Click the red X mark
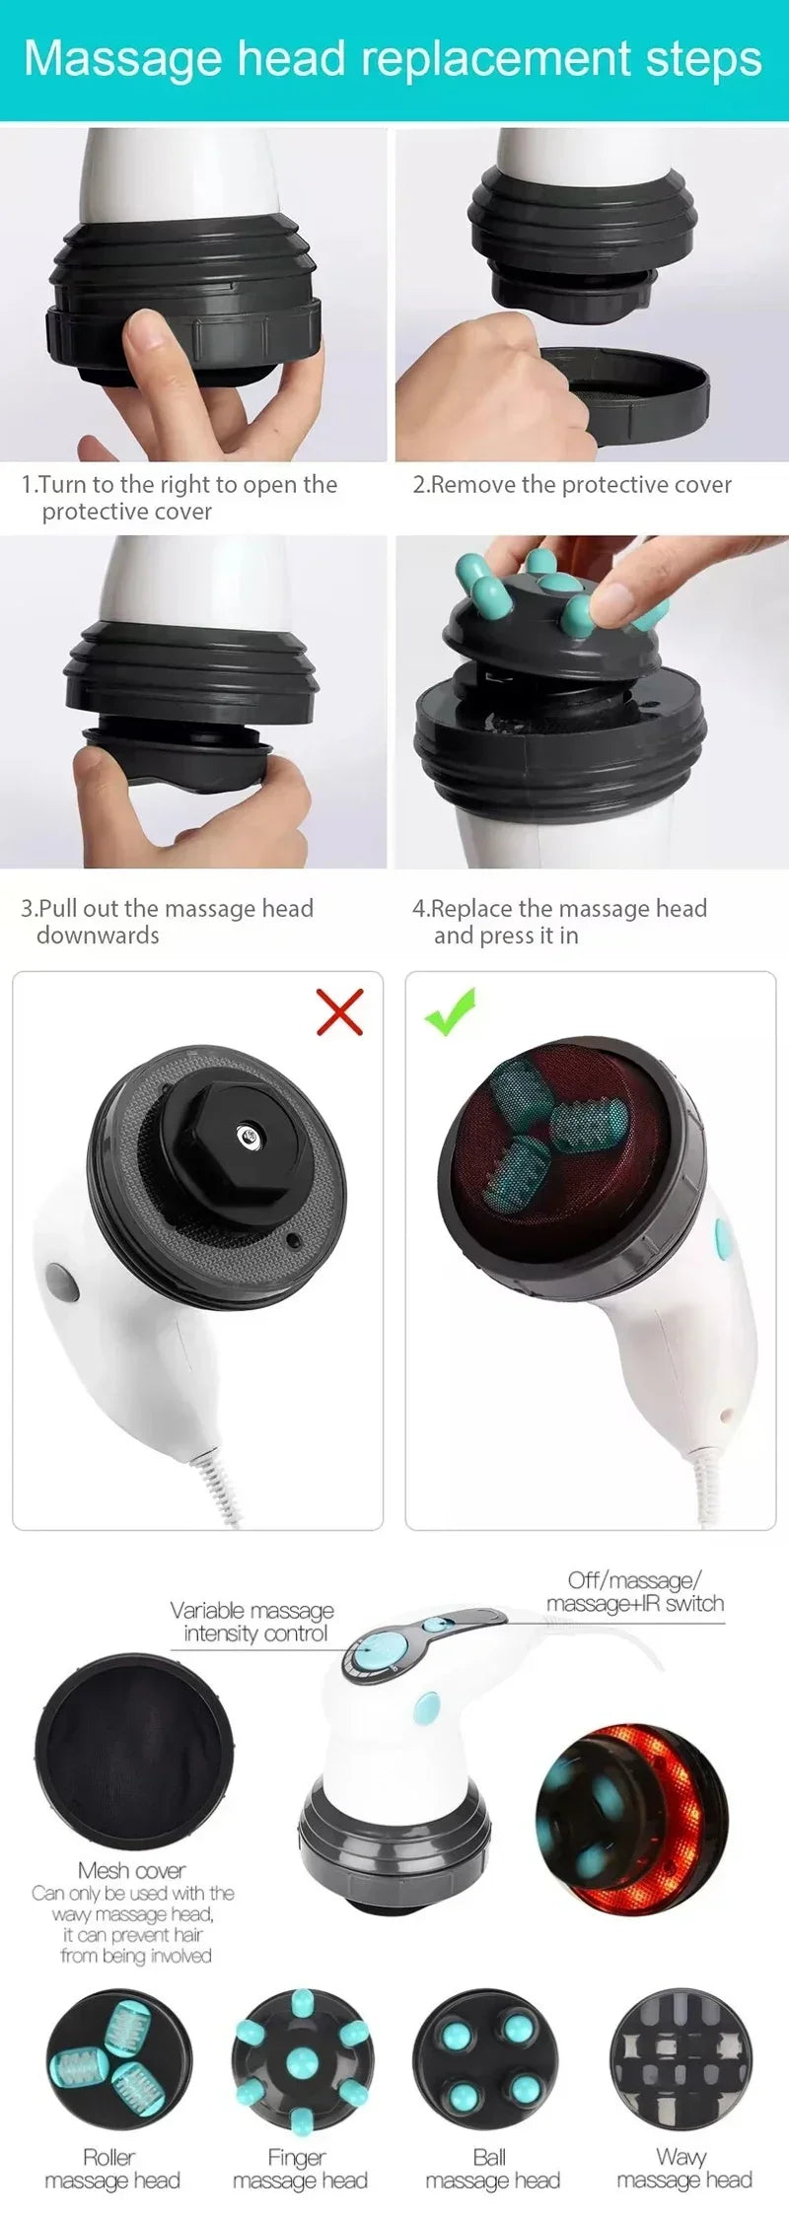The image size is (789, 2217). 339,1011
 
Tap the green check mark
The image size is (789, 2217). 451,1012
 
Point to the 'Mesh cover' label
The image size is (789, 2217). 131,1870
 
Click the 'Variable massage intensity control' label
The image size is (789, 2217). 252,1622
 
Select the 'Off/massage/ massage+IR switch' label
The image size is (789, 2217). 635,1592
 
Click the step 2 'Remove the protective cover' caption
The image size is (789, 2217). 572,484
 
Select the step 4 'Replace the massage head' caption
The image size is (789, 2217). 559,921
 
